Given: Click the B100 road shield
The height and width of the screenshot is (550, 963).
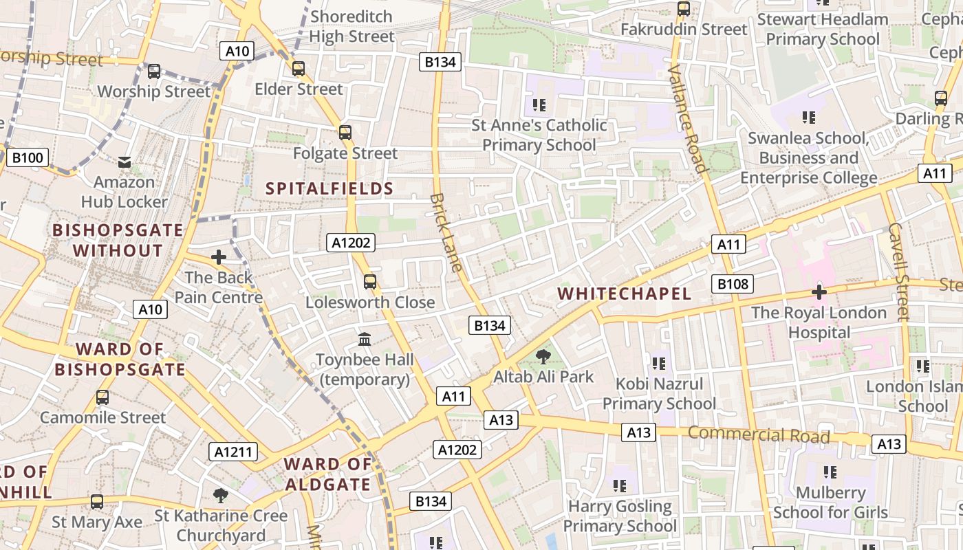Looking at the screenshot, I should (28, 157).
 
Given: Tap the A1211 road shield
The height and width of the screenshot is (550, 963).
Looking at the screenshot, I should (233, 452).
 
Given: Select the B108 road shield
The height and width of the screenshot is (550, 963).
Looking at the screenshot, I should (734, 284).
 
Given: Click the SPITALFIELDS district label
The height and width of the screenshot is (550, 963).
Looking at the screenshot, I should (329, 188).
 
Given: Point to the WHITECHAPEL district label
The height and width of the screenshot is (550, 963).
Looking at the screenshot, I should (624, 294).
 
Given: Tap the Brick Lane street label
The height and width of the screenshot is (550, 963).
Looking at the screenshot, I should (446, 232).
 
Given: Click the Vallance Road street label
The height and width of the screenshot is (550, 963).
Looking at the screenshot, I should (687, 118).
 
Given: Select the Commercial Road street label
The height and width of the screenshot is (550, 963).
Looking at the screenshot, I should (759, 434).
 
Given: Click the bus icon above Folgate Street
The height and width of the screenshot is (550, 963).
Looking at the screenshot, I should (345, 133).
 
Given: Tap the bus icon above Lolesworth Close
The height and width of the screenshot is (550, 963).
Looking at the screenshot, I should (370, 281).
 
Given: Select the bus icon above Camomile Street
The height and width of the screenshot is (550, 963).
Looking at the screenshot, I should (102, 397).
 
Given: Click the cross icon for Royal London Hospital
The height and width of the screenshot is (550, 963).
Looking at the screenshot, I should (819, 292).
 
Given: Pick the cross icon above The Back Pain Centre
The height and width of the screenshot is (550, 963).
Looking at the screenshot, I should (219, 257).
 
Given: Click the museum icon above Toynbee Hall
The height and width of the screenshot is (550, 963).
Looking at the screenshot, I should (365, 339).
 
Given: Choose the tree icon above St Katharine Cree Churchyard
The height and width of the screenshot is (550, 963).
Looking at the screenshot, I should (220, 495).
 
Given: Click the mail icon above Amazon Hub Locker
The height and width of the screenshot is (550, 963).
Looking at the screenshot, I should (125, 162).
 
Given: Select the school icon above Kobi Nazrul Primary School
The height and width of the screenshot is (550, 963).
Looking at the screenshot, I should (659, 363).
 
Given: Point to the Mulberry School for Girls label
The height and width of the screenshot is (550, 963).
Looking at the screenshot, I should (830, 503).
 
